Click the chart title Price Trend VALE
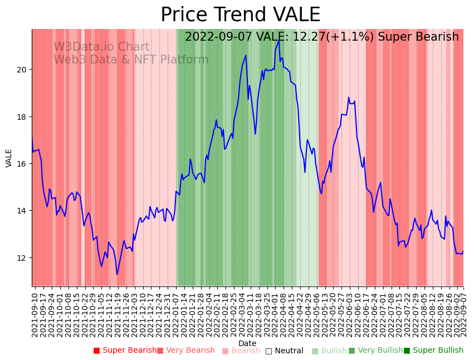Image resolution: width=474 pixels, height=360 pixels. (x=240, y=15)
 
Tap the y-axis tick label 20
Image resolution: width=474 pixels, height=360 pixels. (x=21, y=70)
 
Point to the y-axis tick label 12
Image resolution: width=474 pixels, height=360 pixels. (x=21, y=258)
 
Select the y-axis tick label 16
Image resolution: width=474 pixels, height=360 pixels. (x=21, y=164)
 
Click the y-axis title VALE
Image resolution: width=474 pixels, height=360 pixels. (x=9, y=158)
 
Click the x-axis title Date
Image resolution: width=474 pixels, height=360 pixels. (x=247, y=344)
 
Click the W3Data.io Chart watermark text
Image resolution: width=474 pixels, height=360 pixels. (x=101, y=47)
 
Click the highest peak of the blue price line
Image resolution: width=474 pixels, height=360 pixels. (x=278, y=41)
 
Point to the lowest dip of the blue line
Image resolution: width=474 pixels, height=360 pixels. (x=117, y=274)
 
